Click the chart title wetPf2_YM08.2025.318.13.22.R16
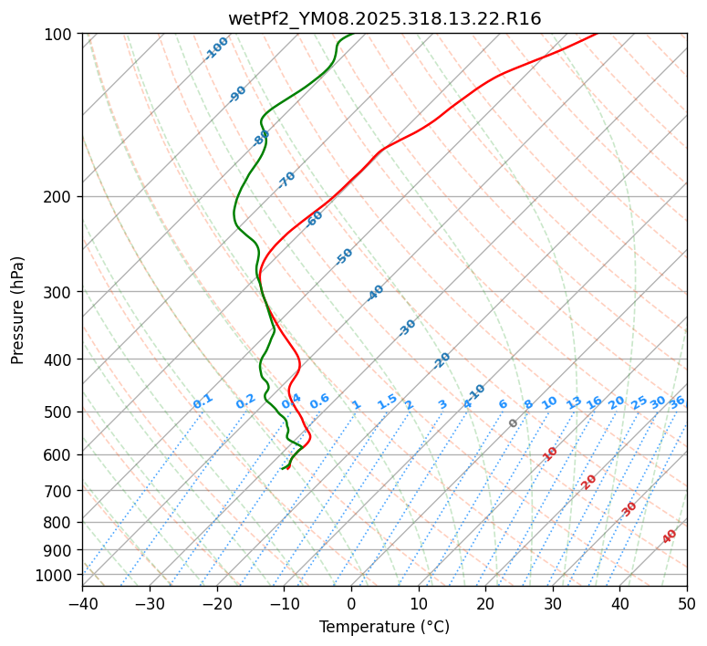(384, 18)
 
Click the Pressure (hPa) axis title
(17, 309)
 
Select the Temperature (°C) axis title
(384, 628)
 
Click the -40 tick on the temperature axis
(82, 603)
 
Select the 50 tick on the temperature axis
(687, 603)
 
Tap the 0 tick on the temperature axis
(351, 603)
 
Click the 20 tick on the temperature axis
(485, 603)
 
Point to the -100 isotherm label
(216, 48)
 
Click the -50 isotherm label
(344, 256)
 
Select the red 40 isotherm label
(670, 537)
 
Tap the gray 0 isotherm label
(514, 423)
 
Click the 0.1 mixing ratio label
(203, 401)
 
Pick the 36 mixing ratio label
(677, 401)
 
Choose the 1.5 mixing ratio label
(387, 401)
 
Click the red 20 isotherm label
(589, 481)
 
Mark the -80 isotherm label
(261, 138)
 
